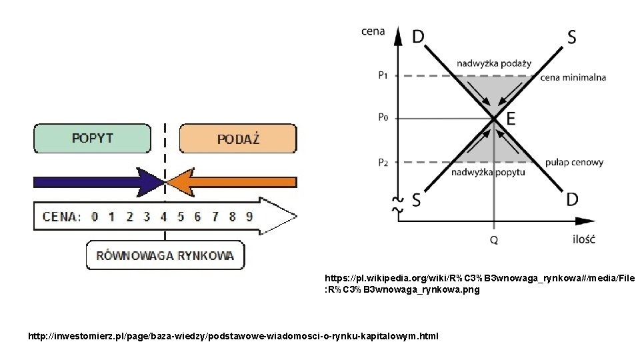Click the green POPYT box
pyautogui.click(x=93, y=139)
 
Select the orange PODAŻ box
pyautogui.click(x=238, y=139)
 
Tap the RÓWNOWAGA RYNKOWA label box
pyautogui.click(x=165, y=255)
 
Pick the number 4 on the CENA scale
pyautogui.click(x=163, y=216)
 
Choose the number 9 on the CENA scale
pyautogui.click(x=249, y=216)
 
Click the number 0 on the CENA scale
pyautogui.click(x=95, y=216)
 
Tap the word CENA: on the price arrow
pyautogui.click(x=61, y=216)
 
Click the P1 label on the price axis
pyautogui.click(x=383, y=75)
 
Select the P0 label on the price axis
pyautogui.click(x=383, y=118)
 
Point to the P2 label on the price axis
pyautogui.click(x=383, y=162)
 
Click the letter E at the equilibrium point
pyautogui.click(x=511, y=119)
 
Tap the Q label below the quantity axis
pyautogui.click(x=493, y=239)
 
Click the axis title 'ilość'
pyautogui.click(x=583, y=239)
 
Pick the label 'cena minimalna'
pyautogui.click(x=573, y=77)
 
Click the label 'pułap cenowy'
pyautogui.click(x=574, y=162)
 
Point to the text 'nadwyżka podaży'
pyautogui.click(x=494, y=63)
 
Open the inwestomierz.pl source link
pyautogui.click(x=233, y=336)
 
